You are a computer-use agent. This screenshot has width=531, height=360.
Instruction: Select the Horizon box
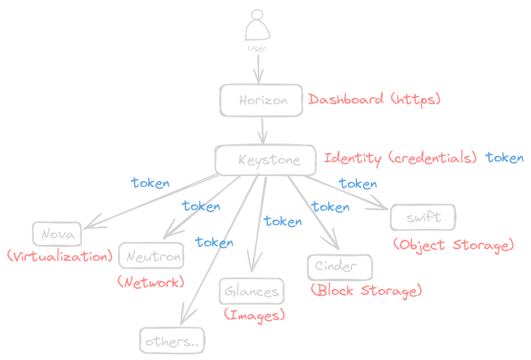[262, 101]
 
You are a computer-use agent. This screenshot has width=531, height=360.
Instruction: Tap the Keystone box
[266, 160]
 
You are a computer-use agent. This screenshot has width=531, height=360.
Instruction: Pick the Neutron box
[151, 256]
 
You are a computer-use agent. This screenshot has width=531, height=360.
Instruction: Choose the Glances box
[251, 291]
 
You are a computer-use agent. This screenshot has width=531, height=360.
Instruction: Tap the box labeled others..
[172, 340]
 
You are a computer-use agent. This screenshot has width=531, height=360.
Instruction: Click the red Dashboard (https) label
[375, 100]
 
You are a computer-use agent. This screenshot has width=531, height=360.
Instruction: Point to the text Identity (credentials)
[400, 158]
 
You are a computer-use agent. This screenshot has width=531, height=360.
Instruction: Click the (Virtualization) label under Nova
[59, 256]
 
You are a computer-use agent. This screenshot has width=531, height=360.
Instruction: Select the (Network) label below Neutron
[151, 282]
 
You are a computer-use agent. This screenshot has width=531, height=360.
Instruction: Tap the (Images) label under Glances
[254, 314]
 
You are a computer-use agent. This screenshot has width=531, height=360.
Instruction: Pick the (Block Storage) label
[366, 291]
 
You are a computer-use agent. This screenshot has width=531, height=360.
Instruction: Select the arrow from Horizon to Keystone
[263, 130]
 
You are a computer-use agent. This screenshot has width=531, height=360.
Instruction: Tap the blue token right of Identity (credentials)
[504, 158]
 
